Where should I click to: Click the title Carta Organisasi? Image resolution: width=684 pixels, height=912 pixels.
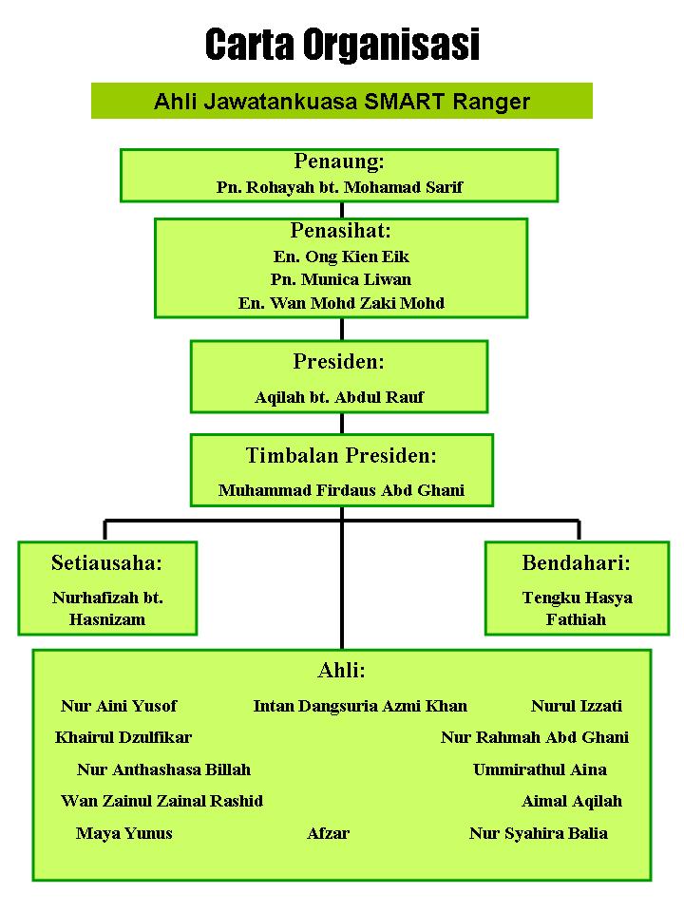click(342, 45)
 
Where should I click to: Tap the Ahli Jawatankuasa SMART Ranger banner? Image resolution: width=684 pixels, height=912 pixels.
click(342, 101)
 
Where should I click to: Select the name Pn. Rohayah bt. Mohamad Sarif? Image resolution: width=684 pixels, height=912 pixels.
click(340, 187)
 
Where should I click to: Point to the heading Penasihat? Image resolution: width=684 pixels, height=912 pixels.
click(341, 231)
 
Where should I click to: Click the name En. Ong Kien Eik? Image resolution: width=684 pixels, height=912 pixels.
click(341, 256)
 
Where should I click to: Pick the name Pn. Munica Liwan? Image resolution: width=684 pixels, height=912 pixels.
click(341, 279)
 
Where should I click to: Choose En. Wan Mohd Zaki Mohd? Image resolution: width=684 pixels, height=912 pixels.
click(341, 303)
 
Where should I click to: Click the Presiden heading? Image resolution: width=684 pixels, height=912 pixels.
click(339, 361)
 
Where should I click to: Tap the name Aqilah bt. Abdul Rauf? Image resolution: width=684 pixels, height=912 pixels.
click(340, 397)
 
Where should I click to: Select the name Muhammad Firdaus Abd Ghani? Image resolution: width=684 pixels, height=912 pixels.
click(341, 490)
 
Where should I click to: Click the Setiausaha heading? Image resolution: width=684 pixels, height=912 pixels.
click(107, 562)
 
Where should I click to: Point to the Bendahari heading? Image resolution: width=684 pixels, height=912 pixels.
click(577, 562)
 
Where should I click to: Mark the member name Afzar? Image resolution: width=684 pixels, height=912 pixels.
click(328, 833)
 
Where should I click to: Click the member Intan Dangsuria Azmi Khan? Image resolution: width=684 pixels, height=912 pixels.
click(361, 706)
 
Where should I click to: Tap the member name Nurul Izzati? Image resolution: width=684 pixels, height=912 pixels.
click(577, 706)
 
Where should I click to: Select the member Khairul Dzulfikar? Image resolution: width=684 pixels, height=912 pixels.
click(123, 737)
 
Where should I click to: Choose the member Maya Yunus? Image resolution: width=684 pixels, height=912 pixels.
click(123, 833)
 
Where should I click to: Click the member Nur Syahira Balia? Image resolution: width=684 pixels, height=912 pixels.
click(539, 833)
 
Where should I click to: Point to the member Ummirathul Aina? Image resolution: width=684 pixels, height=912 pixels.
click(540, 769)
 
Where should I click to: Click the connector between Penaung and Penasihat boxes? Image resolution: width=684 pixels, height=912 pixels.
click(342, 210)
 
